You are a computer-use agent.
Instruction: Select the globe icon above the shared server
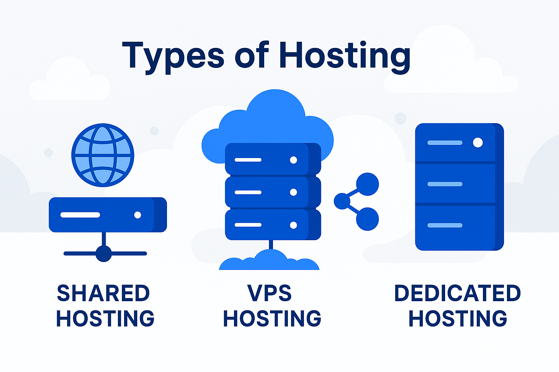point(103,155)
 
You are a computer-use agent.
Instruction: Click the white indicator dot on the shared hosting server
point(138,215)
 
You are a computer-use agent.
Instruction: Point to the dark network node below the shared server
point(104,253)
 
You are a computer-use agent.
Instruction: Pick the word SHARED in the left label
point(104,293)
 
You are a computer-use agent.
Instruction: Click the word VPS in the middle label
point(270,293)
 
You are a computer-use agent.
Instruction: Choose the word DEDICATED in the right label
point(457,293)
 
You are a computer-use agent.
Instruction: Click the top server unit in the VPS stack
point(273,159)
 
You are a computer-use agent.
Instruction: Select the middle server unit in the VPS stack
point(273,192)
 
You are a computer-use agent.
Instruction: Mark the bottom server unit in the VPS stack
point(273,225)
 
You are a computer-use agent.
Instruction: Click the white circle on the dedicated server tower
point(478,143)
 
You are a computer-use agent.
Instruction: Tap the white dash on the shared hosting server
point(80,215)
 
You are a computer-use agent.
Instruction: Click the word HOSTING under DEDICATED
point(457,319)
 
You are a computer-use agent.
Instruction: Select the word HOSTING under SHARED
point(105,319)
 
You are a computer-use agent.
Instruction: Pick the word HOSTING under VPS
point(272,319)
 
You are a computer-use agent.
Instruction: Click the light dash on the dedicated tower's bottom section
point(445,225)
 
